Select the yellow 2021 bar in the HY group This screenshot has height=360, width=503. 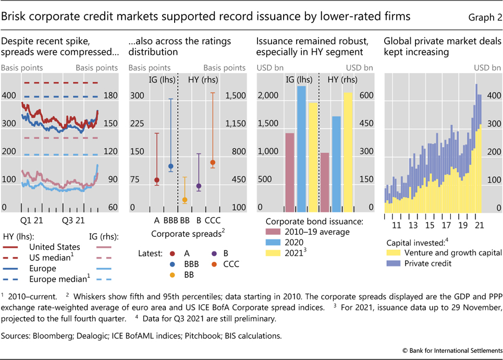coord(348,151)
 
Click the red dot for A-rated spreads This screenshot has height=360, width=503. coord(157,180)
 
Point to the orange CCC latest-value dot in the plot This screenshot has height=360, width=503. coord(212,163)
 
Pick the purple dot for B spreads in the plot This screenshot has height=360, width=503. coord(199,186)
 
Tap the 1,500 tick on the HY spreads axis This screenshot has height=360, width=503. coord(235,96)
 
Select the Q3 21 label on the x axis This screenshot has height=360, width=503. coord(73,220)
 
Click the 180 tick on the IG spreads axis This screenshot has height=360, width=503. coord(109,96)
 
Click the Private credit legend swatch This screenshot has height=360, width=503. coord(395,263)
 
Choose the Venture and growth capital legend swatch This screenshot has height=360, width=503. coord(395,253)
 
